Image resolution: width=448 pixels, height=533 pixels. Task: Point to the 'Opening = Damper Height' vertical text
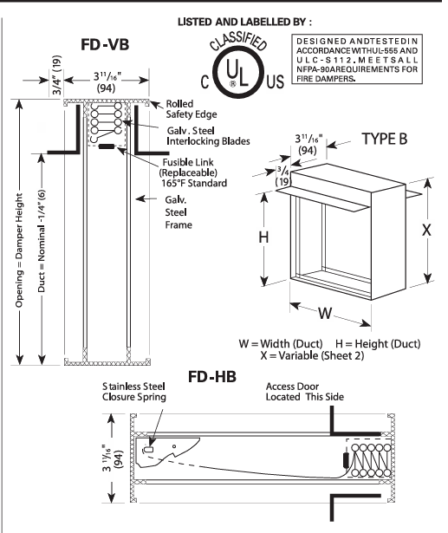[19, 260]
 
